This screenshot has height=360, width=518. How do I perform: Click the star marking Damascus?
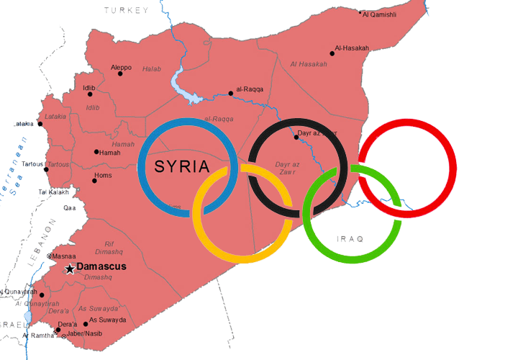70,269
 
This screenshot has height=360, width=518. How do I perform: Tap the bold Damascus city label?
101,267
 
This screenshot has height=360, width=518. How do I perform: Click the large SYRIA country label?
183,168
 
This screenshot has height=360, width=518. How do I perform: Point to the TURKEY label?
127,10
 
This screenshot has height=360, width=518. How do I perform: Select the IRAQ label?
350,238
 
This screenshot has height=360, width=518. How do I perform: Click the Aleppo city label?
121,68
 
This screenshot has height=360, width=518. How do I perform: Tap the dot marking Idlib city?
90,94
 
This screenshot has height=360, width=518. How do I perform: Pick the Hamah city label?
110,153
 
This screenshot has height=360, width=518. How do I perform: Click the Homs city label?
104,176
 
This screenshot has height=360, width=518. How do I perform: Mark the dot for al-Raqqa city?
230,92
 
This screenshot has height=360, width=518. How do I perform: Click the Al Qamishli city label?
380,14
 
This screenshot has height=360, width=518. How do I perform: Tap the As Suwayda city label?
107,320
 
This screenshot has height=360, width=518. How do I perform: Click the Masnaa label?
61,256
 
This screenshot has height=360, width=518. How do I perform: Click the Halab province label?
151,69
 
